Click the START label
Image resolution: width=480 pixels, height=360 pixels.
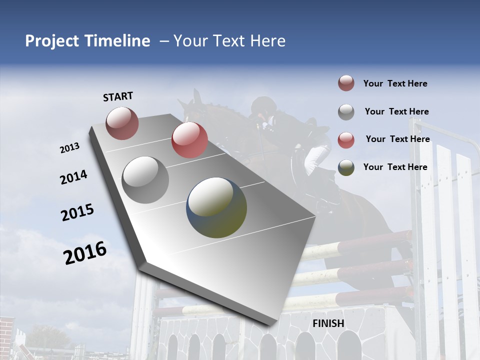pos(118,96)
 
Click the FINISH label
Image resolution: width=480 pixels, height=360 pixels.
pos(328,323)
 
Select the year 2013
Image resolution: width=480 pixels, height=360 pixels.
pos(70,148)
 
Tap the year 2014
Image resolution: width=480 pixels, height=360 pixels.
pos(74,177)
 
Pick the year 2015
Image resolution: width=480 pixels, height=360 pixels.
pos(77,212)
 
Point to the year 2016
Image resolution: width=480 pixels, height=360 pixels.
pos(85,252)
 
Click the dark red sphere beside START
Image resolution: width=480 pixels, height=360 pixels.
pos(122,123)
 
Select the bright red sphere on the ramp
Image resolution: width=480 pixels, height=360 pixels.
pos(189,139)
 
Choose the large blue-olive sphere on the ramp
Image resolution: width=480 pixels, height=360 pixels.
pos(216,207)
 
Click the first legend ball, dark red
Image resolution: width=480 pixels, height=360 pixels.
pos(346,83)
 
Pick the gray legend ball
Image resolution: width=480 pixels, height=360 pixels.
pos(346,112)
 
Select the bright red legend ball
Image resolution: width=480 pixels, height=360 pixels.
pos(346,140)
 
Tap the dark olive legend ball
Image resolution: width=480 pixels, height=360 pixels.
pos(346,167)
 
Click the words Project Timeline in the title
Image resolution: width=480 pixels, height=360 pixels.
pos(87,41)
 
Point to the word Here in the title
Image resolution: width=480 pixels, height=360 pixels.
pos(267,41)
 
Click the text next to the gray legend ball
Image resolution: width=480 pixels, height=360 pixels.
pos(396,111)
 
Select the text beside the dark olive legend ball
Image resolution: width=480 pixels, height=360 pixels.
pos(395,167)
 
